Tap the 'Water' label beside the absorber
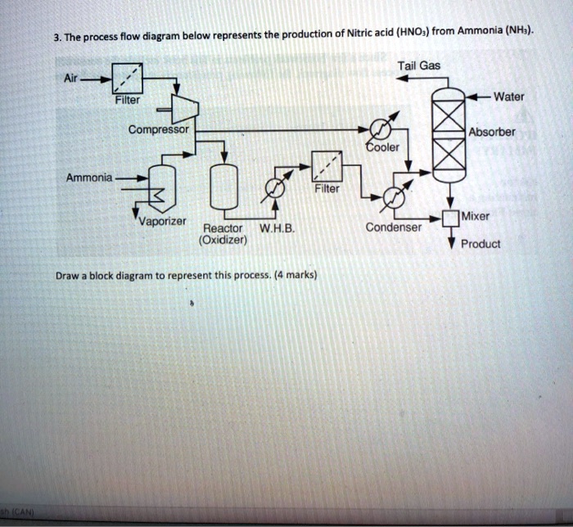(509, 97)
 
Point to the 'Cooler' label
(381, 147)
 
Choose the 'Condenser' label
(395, 227)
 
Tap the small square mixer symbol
(450, 218)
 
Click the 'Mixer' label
(475, 217)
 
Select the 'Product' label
(481, 244)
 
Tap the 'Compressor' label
(158, 130)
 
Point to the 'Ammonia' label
(90, 178)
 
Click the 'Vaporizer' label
(162, 222)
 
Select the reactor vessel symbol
(223, 187)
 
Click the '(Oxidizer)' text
(223, 241)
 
